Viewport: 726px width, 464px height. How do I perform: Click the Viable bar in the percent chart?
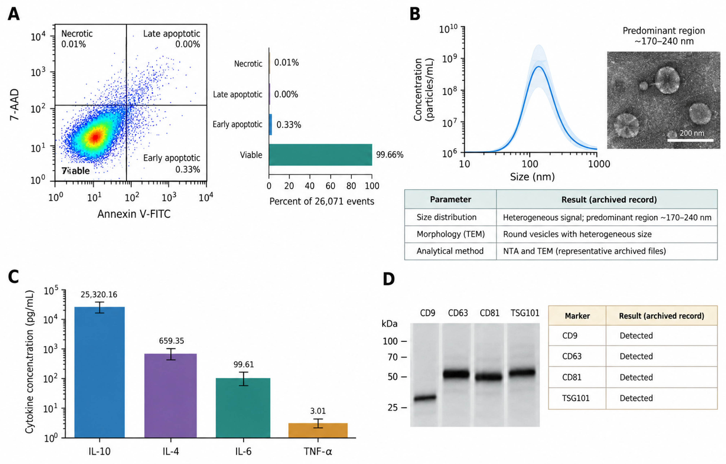coord(320,155)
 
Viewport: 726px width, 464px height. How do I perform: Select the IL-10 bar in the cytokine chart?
coord(100,372)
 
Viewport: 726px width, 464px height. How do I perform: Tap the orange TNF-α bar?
coord(318,430)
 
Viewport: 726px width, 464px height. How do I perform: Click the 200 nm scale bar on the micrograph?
coord(690,140)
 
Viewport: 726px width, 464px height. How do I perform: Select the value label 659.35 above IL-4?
coord(171,341)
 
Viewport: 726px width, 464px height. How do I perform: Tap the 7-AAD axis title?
coord(14,105)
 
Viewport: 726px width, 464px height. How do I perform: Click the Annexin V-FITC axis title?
coord(134,214)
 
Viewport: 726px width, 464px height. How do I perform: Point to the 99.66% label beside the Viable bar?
coord(389,155)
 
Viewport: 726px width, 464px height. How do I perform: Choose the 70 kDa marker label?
coord(392,357)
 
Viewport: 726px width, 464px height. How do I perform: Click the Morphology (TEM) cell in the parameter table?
coord(451,234)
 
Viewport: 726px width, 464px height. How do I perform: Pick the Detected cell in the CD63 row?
coord(636,356)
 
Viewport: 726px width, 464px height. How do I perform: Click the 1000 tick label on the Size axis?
coord(599,164)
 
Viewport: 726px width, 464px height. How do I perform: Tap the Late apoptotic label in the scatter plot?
coord(172,34)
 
